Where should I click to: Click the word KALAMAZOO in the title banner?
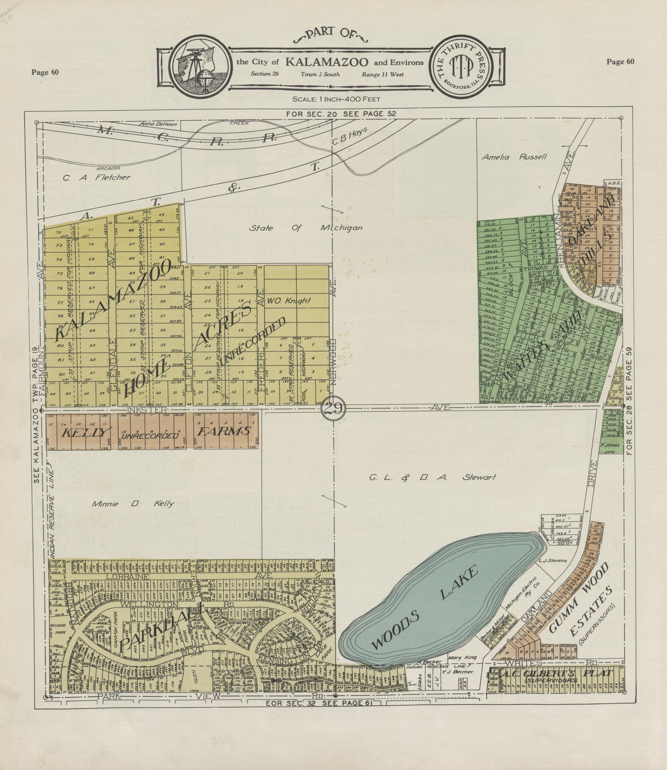327,62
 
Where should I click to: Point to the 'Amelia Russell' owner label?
514,157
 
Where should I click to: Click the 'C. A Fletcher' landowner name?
97,178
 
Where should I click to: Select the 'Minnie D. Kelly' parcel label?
133,504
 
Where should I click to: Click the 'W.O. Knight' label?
289,301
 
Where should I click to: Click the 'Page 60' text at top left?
45,72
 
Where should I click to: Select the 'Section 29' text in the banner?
264,74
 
